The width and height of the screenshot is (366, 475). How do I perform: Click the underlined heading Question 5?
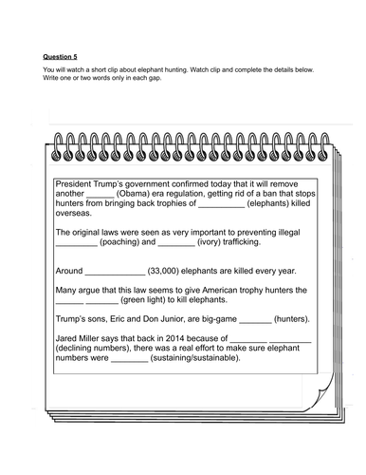click(x=60, y=56)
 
